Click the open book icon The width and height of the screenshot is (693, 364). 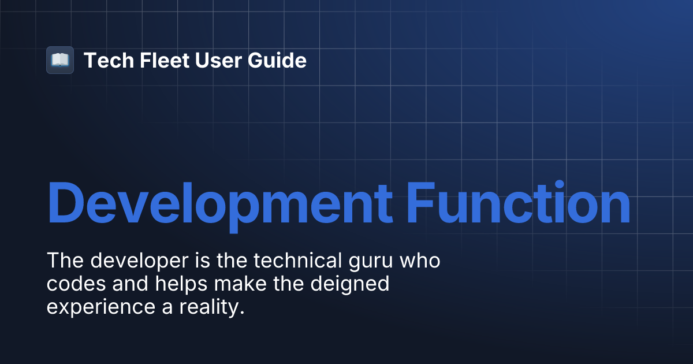pyautogui.click(x=60, y=60)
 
